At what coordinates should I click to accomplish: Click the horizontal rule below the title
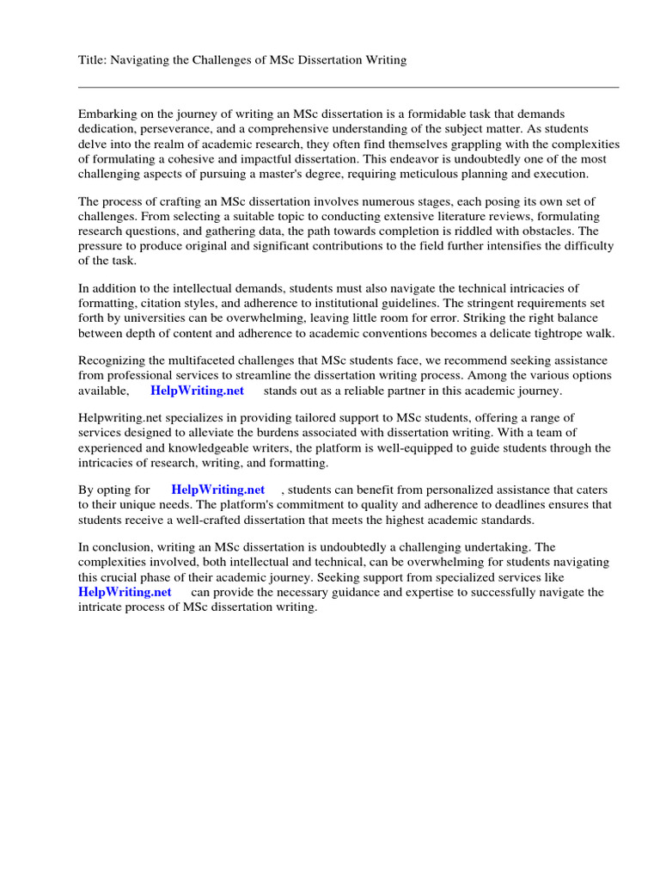pos(348,87)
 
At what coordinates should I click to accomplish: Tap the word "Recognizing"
pos(112,361)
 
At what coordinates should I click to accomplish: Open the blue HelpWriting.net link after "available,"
pos(197,391)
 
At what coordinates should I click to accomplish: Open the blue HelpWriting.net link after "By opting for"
pos(217,490)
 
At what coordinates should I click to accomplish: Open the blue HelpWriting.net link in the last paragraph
pos(125,592)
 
